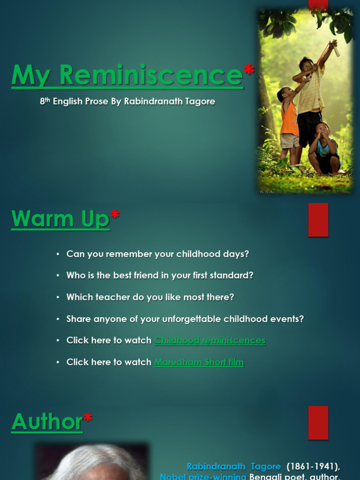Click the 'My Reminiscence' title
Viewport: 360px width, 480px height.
pos(127,75)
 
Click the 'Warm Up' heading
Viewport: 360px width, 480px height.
pos(60,219)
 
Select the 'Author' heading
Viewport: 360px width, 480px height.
pos(47,421)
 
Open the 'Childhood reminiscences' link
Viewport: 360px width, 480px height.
pos(210,340)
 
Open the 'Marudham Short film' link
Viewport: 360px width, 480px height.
pos(199,362)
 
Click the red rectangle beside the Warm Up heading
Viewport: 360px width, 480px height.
pos(318,219)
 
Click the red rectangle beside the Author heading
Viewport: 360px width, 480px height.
pos(318,422)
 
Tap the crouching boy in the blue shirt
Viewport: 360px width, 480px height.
pos(323,148)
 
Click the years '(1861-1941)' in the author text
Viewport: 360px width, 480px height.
pos(313,466)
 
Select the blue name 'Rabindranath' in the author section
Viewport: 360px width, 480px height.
pos(216,466)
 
